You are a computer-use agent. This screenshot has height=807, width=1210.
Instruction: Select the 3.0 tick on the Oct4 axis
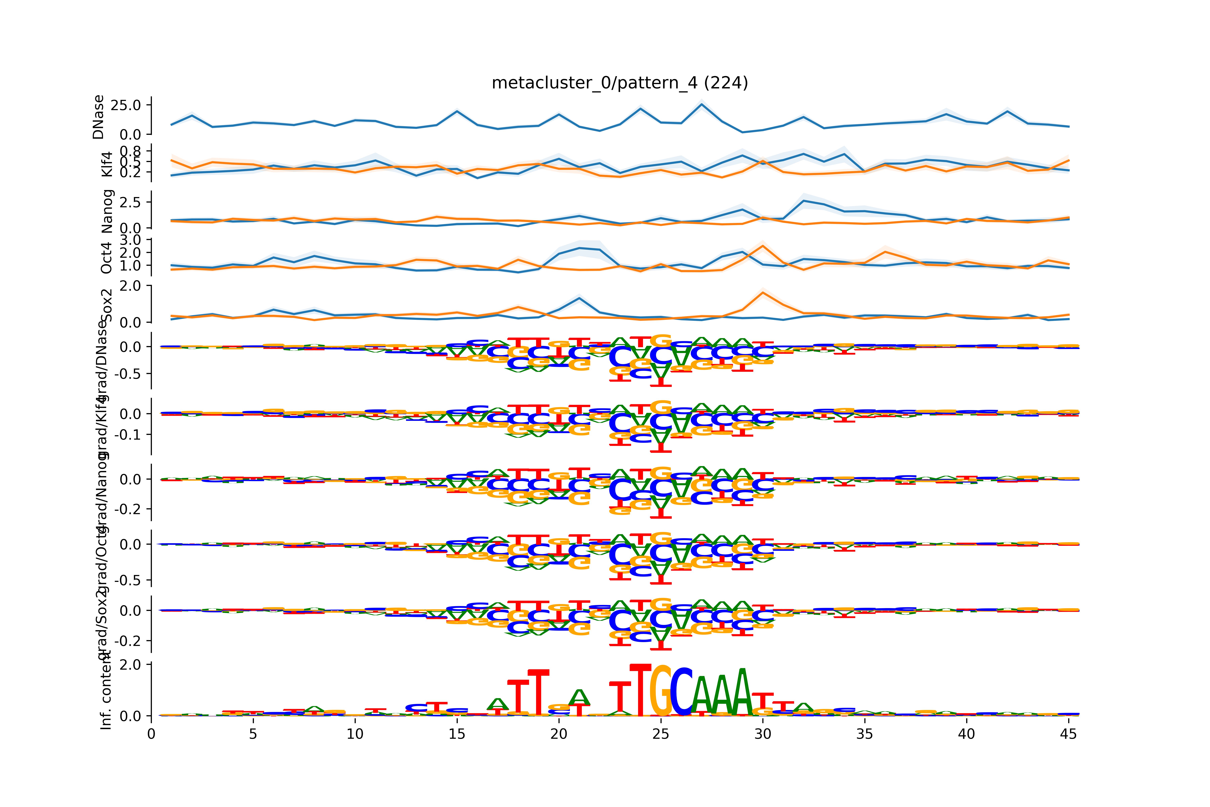130,240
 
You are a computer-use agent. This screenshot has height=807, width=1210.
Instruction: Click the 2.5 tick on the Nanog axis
130,202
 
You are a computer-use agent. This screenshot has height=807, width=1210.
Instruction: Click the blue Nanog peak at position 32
803,201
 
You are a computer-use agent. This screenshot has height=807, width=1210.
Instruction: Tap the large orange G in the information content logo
661,691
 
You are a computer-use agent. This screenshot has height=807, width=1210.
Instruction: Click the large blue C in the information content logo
681,692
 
